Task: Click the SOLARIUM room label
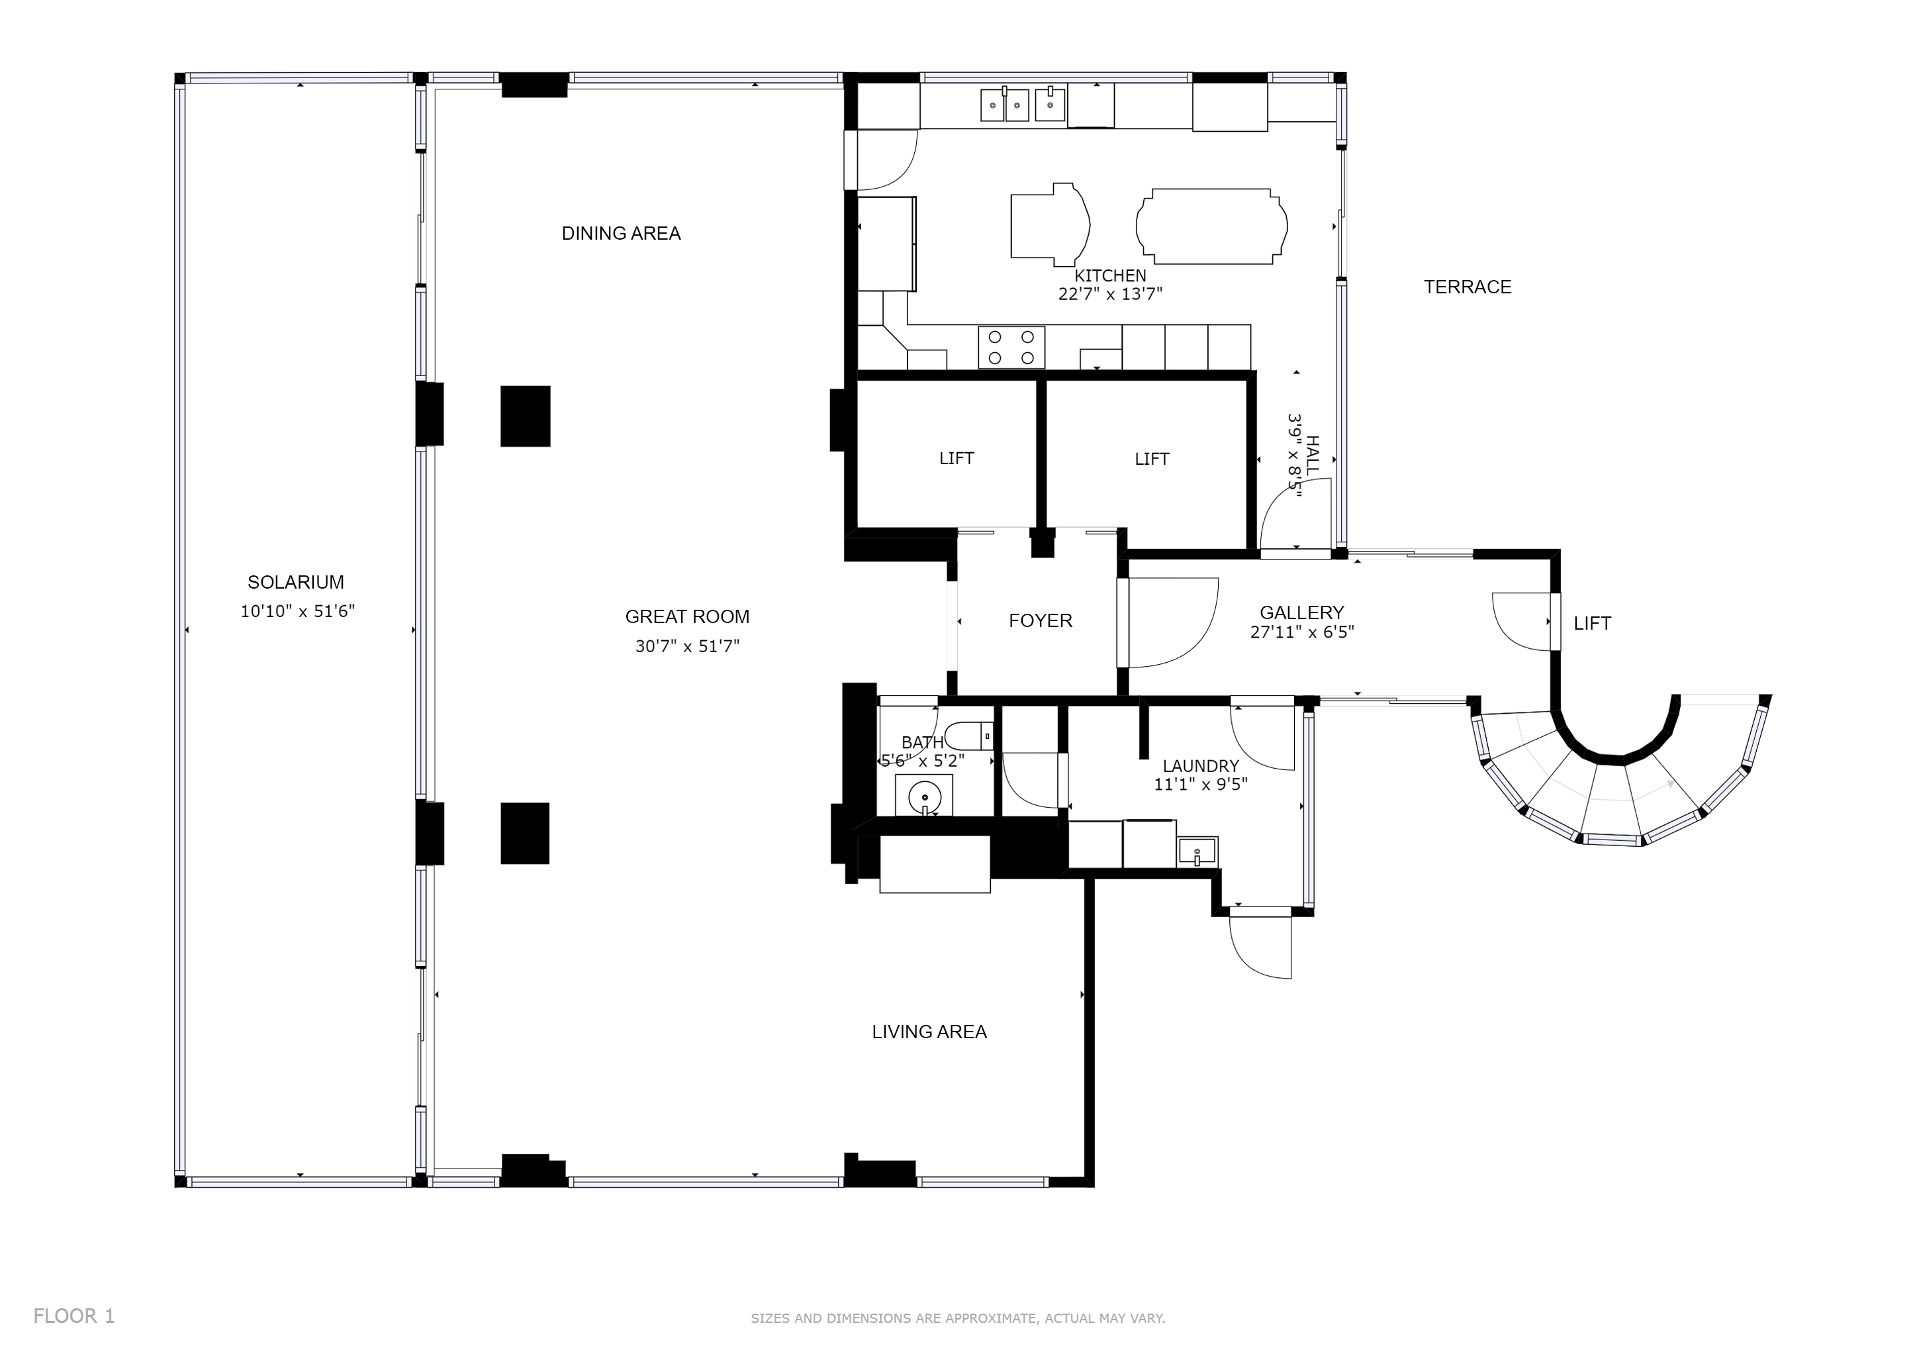click(x=296, y=582)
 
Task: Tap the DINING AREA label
click(x=621, y=234)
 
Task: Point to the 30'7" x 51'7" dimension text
click(x=687, y=646)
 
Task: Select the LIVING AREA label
click(x=929, y=1032)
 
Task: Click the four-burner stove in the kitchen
click(x=1011, y=348)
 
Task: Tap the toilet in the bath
click(x=968, y=736)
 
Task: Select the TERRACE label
click(x=1468, y=287)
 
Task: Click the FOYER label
click(x=1041, y=620)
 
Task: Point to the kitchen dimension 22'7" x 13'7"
click(x=1111, y=294)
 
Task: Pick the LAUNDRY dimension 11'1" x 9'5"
click(x=1201, y=784)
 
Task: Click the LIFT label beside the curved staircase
click(x=1592, y=623)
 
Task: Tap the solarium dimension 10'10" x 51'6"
click(x=298, y=611)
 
